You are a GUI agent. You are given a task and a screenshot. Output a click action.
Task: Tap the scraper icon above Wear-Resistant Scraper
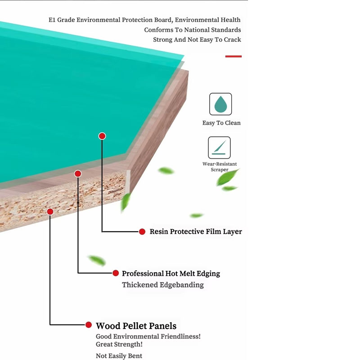tap(219, 148)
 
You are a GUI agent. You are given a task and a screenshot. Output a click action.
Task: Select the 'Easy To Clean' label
tap(221, 123)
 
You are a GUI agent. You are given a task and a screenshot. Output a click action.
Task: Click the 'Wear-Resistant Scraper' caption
tap(220, 166)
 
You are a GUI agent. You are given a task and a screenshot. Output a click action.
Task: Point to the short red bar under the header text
tap(233, 56)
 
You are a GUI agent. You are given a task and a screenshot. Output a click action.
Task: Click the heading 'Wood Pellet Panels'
tap(136, 326)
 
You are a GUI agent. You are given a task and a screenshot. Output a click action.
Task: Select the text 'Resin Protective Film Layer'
tap(196, 232)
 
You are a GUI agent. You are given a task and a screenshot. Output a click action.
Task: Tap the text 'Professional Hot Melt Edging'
tap(171, 274)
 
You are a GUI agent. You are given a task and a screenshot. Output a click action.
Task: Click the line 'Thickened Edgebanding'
tap(163, 285)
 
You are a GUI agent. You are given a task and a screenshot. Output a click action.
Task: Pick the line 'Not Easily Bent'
tap(119, 356)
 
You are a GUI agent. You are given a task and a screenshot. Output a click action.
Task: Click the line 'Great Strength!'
tap(119, 344)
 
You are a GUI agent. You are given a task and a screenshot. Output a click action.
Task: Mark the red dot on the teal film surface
tap(102, 136)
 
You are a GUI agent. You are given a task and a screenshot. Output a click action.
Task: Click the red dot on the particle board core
tap(50, 211)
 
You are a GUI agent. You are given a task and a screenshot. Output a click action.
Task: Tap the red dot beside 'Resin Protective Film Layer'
tap(142, 232)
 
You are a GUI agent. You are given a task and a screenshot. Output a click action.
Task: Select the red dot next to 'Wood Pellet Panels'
tap(89, 325)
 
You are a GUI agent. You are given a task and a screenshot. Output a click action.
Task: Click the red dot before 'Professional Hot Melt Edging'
tap(116, 273)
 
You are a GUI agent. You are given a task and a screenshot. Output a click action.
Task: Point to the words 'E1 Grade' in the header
tap(61, 20)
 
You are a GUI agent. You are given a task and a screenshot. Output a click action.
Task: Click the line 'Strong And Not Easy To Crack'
tap(197, 40)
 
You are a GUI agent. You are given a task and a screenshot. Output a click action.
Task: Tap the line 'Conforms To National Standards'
tap(192, 30)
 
